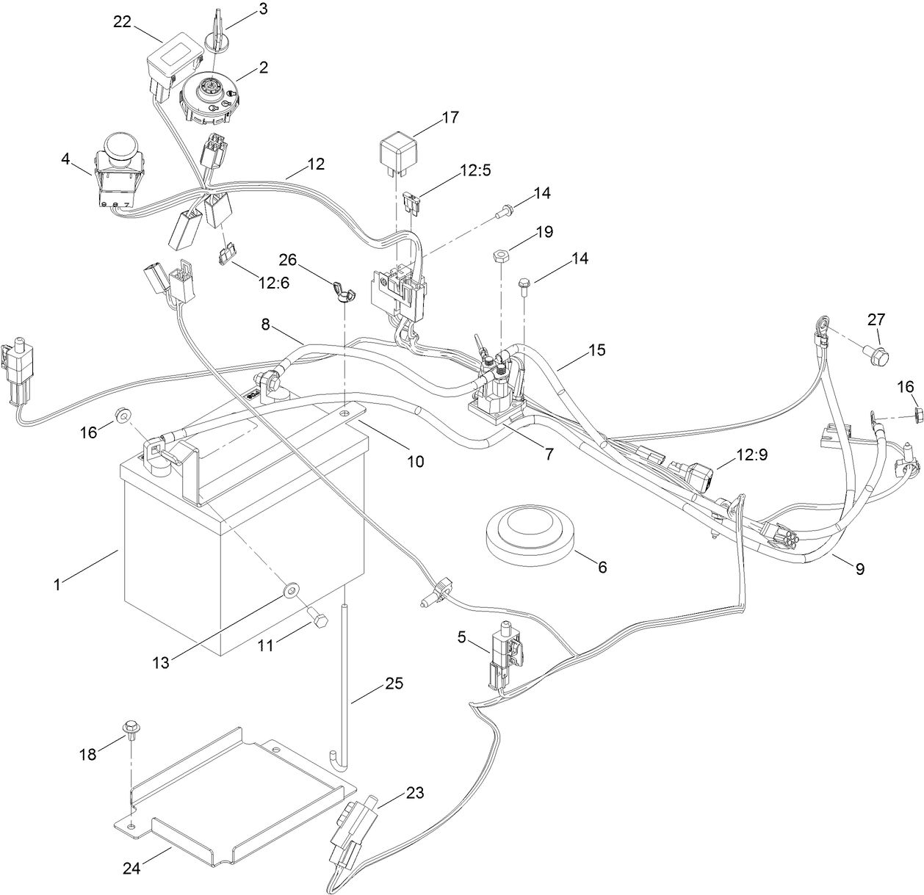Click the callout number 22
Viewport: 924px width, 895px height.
coord(122,22)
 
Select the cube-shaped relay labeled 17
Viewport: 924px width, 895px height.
coord(397,150)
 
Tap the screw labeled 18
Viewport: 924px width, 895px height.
coord(132,728)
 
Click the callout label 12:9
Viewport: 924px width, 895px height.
coord(752,454)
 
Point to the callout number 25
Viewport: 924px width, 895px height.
coord(394,684)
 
